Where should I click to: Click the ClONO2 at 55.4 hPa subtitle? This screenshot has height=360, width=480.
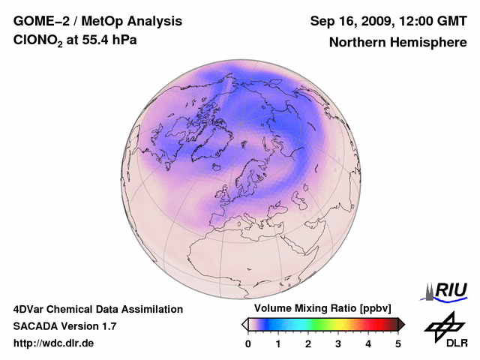tap(75, 41)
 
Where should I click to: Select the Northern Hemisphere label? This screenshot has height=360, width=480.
tap(397, 42)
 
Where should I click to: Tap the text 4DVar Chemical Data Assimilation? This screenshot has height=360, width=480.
tap(97, 309)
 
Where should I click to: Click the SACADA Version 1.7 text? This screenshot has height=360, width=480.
tap(64, 326)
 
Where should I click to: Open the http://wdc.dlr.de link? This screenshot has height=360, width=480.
tap(54, 343)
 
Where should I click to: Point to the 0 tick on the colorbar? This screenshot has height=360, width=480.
tap(248, 343)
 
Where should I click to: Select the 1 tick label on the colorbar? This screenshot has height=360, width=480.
tap(278, 343)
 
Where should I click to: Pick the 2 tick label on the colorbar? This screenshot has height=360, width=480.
tap(308, 343)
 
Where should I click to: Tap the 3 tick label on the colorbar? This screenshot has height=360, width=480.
tap(338, 343)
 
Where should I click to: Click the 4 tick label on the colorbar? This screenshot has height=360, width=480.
tap(368, 343)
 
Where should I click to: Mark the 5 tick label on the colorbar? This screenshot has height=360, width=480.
tap(398, 343)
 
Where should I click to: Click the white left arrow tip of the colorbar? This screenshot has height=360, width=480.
tap(244, 324)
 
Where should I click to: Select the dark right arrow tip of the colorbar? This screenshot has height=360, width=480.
tap(402, 324)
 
